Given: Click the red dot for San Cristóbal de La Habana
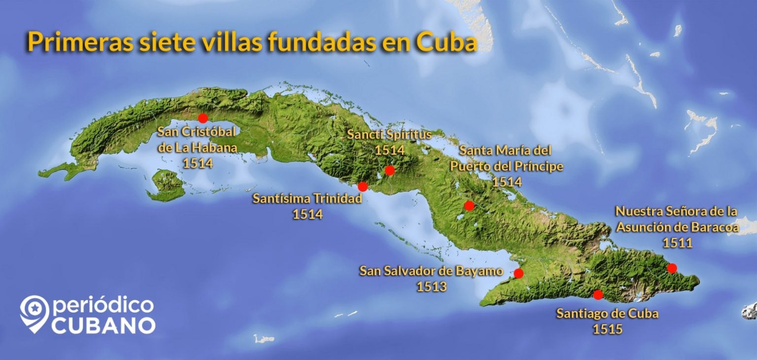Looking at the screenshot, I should coord(203,118).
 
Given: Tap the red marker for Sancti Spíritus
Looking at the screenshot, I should coord(390,171).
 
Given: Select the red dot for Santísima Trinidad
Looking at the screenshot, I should coord(363,186).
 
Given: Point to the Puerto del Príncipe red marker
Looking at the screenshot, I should coord(469,205).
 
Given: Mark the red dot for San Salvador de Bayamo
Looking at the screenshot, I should coord(518,273).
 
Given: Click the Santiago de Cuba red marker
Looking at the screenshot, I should coord(598,295).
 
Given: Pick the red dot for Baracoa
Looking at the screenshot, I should coord(672,268).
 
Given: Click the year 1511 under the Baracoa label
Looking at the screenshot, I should coord(677,243).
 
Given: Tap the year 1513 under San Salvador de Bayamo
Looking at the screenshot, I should coord(432,287).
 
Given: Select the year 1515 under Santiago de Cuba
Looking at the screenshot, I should coord(607,328).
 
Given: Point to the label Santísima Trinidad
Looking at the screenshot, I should coord(307,199).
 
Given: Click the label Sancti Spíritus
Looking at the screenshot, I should coord(389,134).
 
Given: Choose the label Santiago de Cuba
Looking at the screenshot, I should coord(607,313).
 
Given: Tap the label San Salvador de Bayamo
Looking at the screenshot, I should coord(431,271).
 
